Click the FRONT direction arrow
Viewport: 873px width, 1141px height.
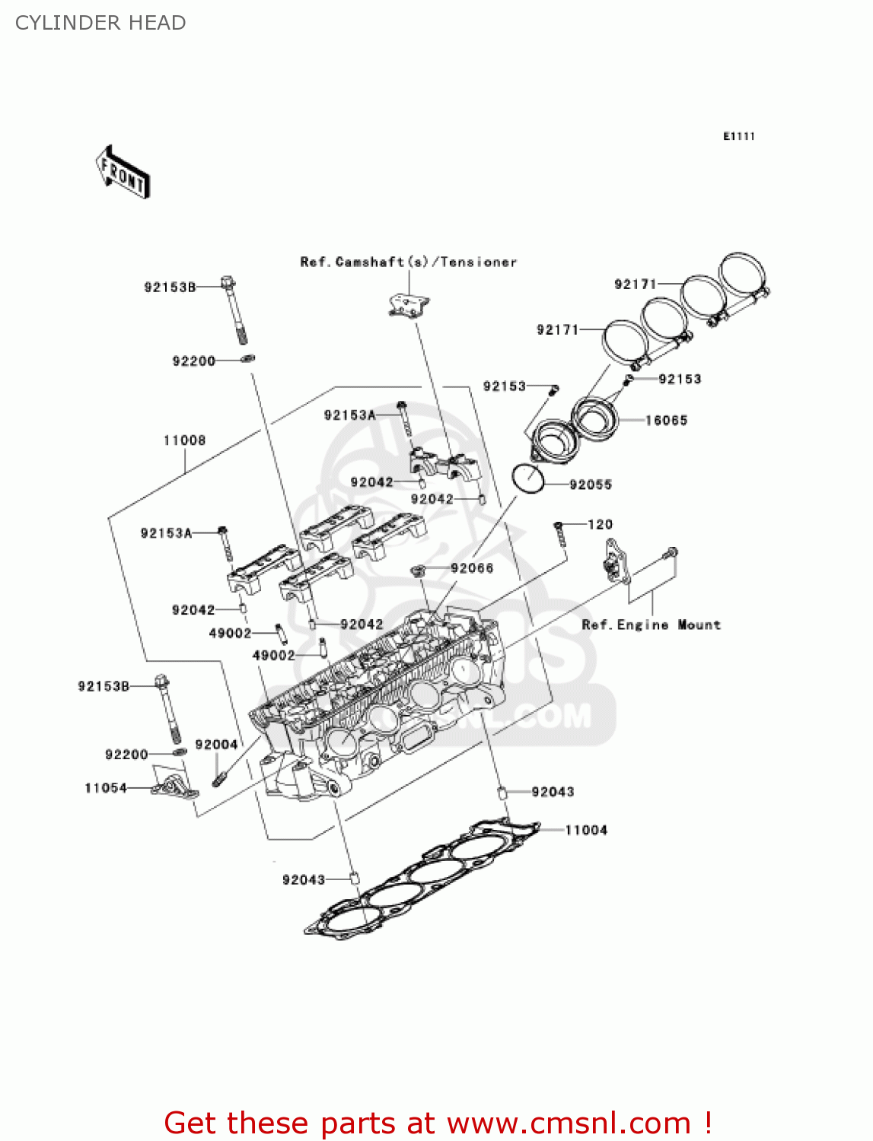coord(123,173)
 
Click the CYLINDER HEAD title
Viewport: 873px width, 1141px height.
coord(100,23)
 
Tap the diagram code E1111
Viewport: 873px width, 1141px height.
coord(738,136)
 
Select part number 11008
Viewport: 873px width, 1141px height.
coord(184,440)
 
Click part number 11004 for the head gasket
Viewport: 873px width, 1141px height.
coord(586,830)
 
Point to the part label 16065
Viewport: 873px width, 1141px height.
coord(666,420)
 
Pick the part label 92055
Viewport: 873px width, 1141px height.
coord(591,485)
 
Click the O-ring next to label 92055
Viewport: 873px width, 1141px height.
coord(527,478)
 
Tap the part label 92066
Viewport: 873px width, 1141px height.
coord(472,568)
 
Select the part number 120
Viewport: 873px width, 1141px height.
coord(600,524)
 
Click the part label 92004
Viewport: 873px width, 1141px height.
coord(216,745)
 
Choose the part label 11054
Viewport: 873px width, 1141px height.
coord(106,788)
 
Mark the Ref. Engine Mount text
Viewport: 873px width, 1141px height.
coord(651,625)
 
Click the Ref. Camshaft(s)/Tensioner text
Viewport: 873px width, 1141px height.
coord(409,262)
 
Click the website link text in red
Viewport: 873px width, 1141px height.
coord(438,1123)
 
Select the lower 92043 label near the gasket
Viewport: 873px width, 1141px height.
coord(304,879)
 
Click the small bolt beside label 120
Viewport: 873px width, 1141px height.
coord(559,535)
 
